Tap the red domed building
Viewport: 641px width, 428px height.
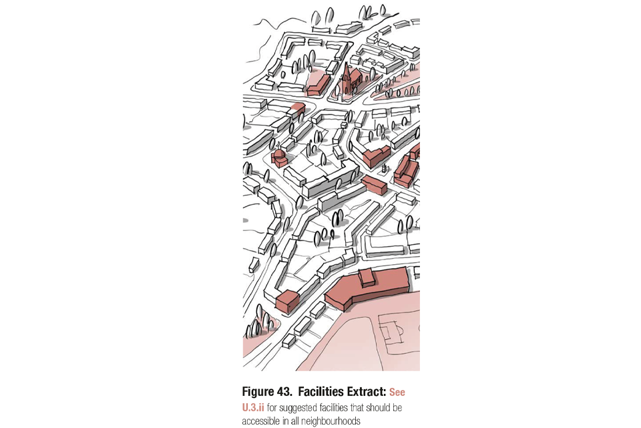click(279, 158)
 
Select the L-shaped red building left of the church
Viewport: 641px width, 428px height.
click(318, 85)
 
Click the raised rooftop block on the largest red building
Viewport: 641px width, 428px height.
click(368, 278)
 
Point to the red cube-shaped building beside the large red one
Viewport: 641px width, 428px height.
click(286, 302)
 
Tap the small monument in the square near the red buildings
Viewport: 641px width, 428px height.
click(384, 167)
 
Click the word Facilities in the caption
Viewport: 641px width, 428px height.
click(321, 392)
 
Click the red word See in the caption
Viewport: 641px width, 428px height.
click(397, 393)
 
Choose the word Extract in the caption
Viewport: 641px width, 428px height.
click(367, 392)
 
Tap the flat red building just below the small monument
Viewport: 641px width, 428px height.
click(375, 185)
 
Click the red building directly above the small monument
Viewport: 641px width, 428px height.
click(377, 156)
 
